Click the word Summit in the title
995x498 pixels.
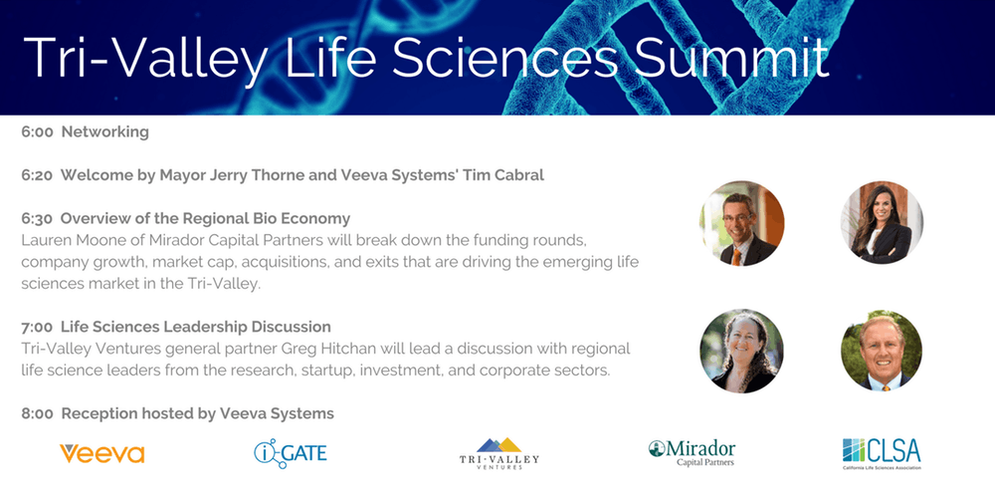(x=733, y=57)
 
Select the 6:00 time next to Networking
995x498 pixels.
(x=37, y=132)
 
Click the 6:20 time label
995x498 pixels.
(x=37, y=175)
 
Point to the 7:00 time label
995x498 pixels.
(x=37, y=327)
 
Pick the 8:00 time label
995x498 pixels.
(x=37, y=414)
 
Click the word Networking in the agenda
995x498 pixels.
(x=105, y=132)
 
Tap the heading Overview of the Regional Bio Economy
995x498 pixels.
(x=206, y=219)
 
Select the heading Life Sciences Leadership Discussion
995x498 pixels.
(x=196, y=327)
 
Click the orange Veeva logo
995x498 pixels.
(x=102, y=453)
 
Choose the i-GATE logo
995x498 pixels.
(x=291, y=453)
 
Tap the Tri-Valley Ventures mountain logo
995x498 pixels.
(x=498, y=453)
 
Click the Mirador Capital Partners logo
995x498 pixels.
(x=692, y=453)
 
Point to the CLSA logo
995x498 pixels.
(x=882, y=453)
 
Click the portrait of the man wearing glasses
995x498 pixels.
(x=741, y=223)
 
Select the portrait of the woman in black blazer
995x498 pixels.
(x=882, y=223)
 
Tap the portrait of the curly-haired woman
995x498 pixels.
(x=741, y=352)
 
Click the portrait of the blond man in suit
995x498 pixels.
(x=882, y=352)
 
